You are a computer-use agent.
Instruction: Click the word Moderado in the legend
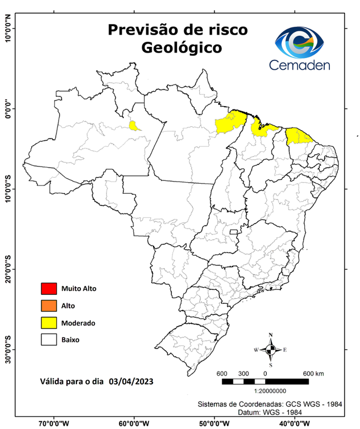coord(79,323)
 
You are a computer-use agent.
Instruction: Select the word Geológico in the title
coord(181,47)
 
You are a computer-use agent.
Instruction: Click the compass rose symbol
coord(271,350)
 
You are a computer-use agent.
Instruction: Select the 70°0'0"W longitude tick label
coord(54,423)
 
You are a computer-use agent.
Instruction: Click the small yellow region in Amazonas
coord(135,126)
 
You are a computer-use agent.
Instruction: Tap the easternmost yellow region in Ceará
coord(299,136)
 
